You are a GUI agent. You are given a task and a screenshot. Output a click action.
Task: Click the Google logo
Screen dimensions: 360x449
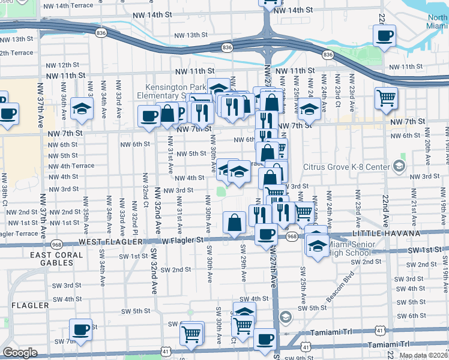point(20,353)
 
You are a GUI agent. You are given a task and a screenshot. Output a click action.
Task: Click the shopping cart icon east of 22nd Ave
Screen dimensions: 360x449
point(386,98)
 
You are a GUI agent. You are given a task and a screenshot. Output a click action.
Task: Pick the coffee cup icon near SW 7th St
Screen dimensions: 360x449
point(80,329)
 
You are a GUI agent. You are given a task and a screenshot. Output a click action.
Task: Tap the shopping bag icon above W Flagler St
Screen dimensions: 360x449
point(234,223)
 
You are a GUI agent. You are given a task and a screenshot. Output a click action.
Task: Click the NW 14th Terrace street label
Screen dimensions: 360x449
point(73,5)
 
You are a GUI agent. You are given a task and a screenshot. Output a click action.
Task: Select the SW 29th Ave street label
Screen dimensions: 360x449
point(244,263)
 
